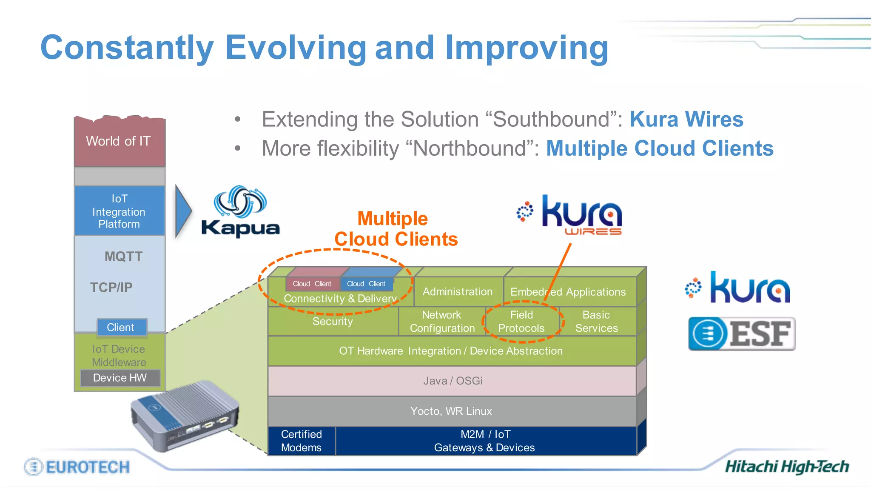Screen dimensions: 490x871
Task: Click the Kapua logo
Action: [x=241, y=211]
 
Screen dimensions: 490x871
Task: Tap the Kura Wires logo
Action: [x=570, y=215]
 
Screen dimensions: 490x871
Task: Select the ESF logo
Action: [x=742, y=333]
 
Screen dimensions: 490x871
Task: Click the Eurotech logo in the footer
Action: [x=77, y=467]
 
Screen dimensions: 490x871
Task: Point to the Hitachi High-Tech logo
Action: [x=786, y=467]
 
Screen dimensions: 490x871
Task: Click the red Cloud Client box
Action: [x=312, y=284]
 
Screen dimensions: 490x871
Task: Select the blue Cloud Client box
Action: [x=366, y=284]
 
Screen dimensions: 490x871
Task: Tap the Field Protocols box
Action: [x=521, y=322]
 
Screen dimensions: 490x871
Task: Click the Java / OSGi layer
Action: [x=452, y=381]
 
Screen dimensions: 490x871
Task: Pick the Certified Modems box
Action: [x=302, y=441]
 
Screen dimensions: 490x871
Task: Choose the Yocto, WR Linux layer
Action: [x=451, y=411]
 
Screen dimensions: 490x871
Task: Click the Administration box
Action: [x=458, y=292]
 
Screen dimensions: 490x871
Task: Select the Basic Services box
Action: [x=596, y=322]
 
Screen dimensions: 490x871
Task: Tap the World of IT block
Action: [x=119, y=142]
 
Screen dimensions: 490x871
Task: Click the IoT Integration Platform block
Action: [x=119, y=211]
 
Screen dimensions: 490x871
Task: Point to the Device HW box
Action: [x=120, y=378]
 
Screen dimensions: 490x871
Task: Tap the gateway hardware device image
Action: [x=184, y=415]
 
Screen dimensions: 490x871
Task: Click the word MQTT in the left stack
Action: [x=123, y=256]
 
